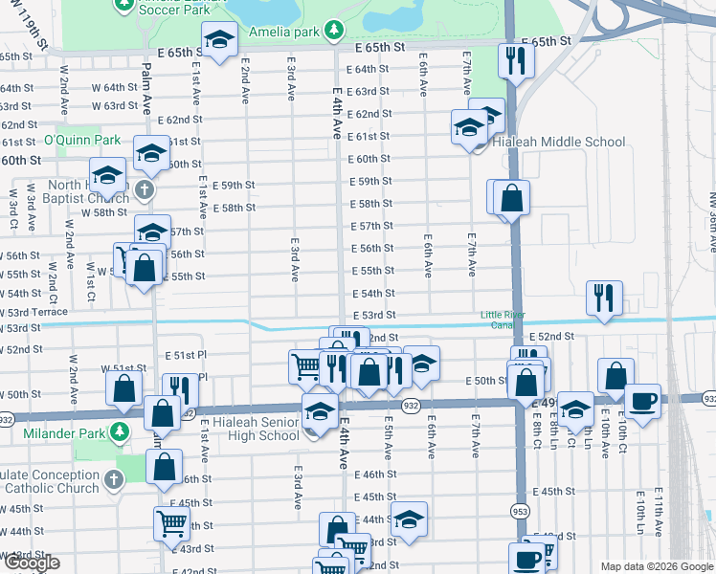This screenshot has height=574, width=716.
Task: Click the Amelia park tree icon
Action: pos(333,31)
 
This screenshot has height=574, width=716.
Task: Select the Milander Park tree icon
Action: pos(119,431)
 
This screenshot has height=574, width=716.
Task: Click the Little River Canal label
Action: pos(502,320)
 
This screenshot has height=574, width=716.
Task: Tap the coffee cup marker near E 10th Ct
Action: pos(642,398)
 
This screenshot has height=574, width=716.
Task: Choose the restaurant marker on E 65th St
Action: pos(515,60)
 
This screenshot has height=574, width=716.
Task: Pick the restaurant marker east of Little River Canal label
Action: pos(604,297)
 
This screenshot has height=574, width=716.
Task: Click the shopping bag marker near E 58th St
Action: pos(512,198)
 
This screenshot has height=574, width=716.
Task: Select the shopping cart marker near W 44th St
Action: pos(171,522)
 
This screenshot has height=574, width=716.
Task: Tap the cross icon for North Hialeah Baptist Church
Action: pos(145,189)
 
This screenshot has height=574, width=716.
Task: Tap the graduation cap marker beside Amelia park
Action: pos(218,41)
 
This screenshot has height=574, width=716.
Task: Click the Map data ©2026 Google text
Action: pos(657,566)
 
